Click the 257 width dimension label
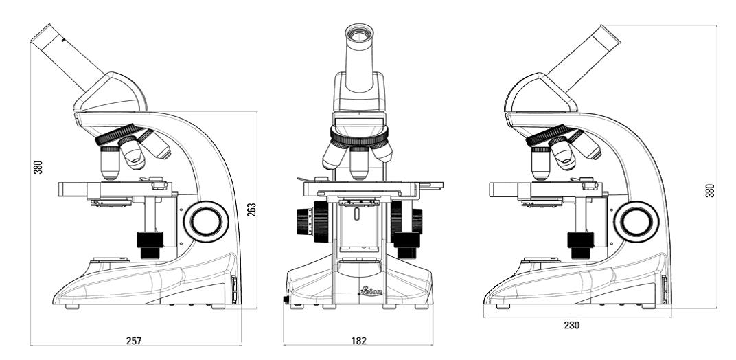point(134,341)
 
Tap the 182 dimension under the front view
point(358,341)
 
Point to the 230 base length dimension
point(572,325)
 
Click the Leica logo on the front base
point(370,291)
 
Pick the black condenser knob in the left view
point(150,244)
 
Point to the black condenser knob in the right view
point(581,244)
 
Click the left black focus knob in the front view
point(308,221)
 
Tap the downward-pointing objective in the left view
point(110,162)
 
